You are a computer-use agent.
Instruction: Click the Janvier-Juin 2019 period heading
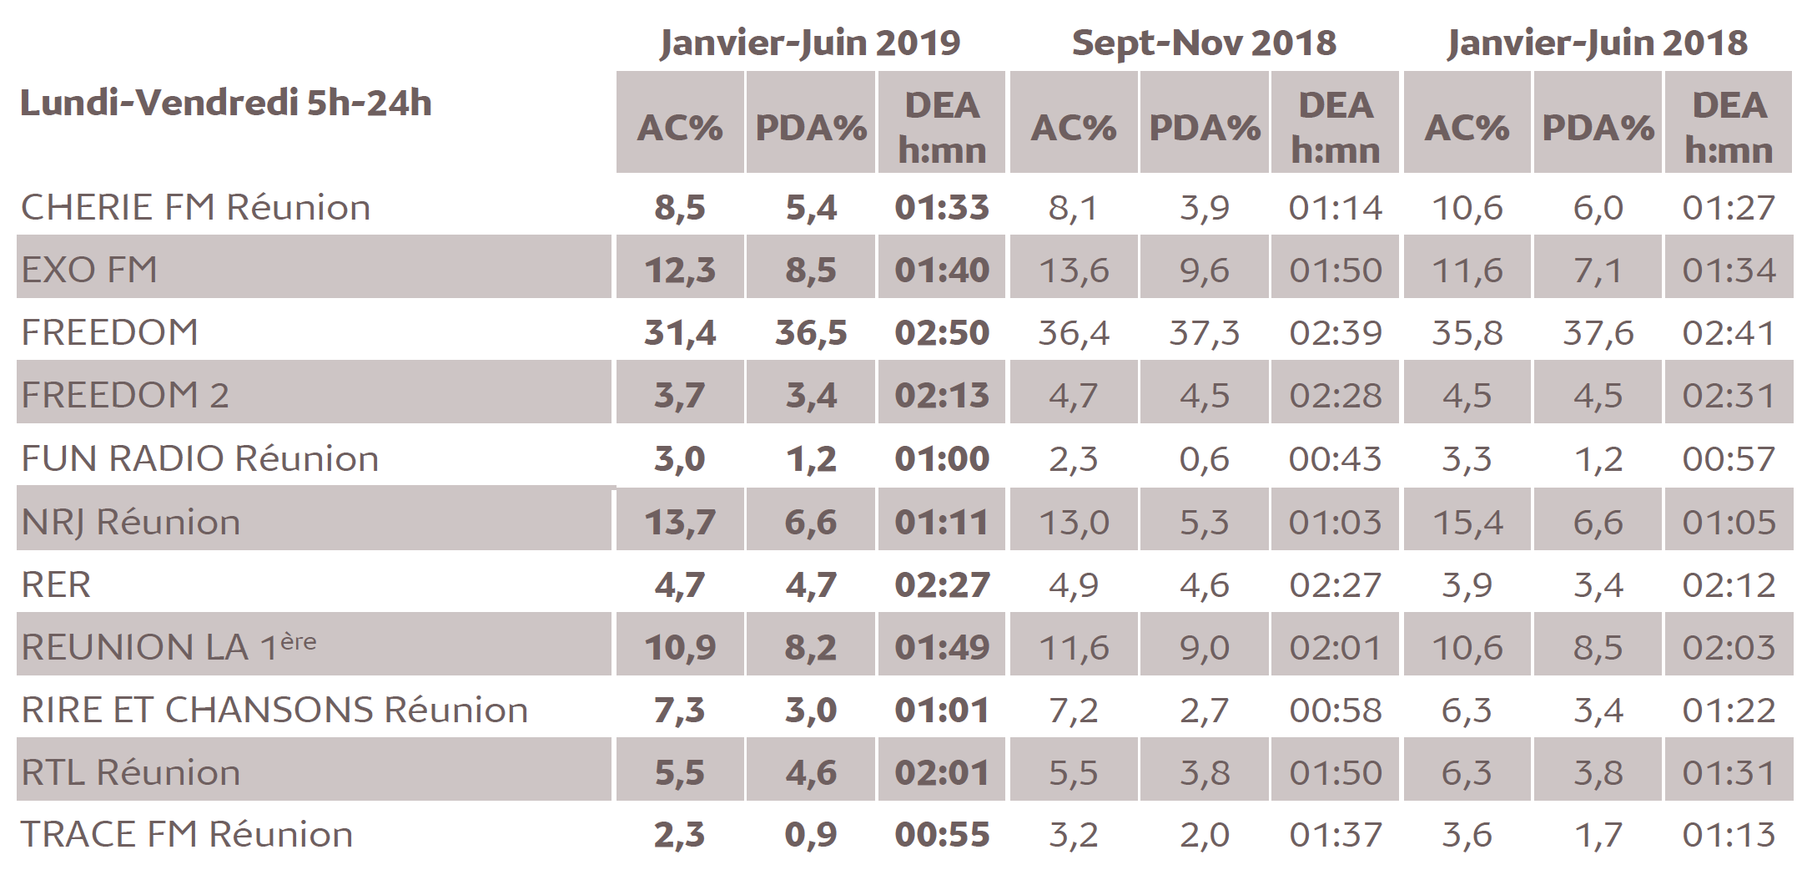coord(809,43)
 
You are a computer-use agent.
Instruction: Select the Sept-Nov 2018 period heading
coord(1204,43)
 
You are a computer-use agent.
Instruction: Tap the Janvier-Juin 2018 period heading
coord(1597,43)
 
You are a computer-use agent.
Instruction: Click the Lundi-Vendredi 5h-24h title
coord(226,104)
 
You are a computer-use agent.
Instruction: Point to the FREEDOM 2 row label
coord(125,395)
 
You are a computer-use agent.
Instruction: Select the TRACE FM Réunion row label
coord(187,834)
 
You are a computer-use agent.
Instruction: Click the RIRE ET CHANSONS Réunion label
coord(274,710)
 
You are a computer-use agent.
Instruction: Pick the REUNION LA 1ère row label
coord(169,646)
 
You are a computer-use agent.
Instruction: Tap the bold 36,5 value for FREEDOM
coord(811,333)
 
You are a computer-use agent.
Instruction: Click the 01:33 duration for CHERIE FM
coord(942,208)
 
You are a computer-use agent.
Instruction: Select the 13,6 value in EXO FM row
coord(1074,271)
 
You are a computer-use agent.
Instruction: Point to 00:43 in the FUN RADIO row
coord(1335,458)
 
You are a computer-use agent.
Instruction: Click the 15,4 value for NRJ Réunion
coord(1467,523)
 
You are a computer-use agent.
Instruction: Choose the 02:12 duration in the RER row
coord(1729,584)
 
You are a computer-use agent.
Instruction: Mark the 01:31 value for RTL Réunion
coord(1729,772)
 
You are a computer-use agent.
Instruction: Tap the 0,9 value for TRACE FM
coord(811,834)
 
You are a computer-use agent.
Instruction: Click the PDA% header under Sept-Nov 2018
coord(1204,128)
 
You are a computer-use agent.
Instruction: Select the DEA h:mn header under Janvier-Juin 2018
coord(1729,128)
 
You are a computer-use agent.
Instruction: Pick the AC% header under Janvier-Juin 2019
coord(680,128)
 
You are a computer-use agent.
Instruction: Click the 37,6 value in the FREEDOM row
coord(1598,333)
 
